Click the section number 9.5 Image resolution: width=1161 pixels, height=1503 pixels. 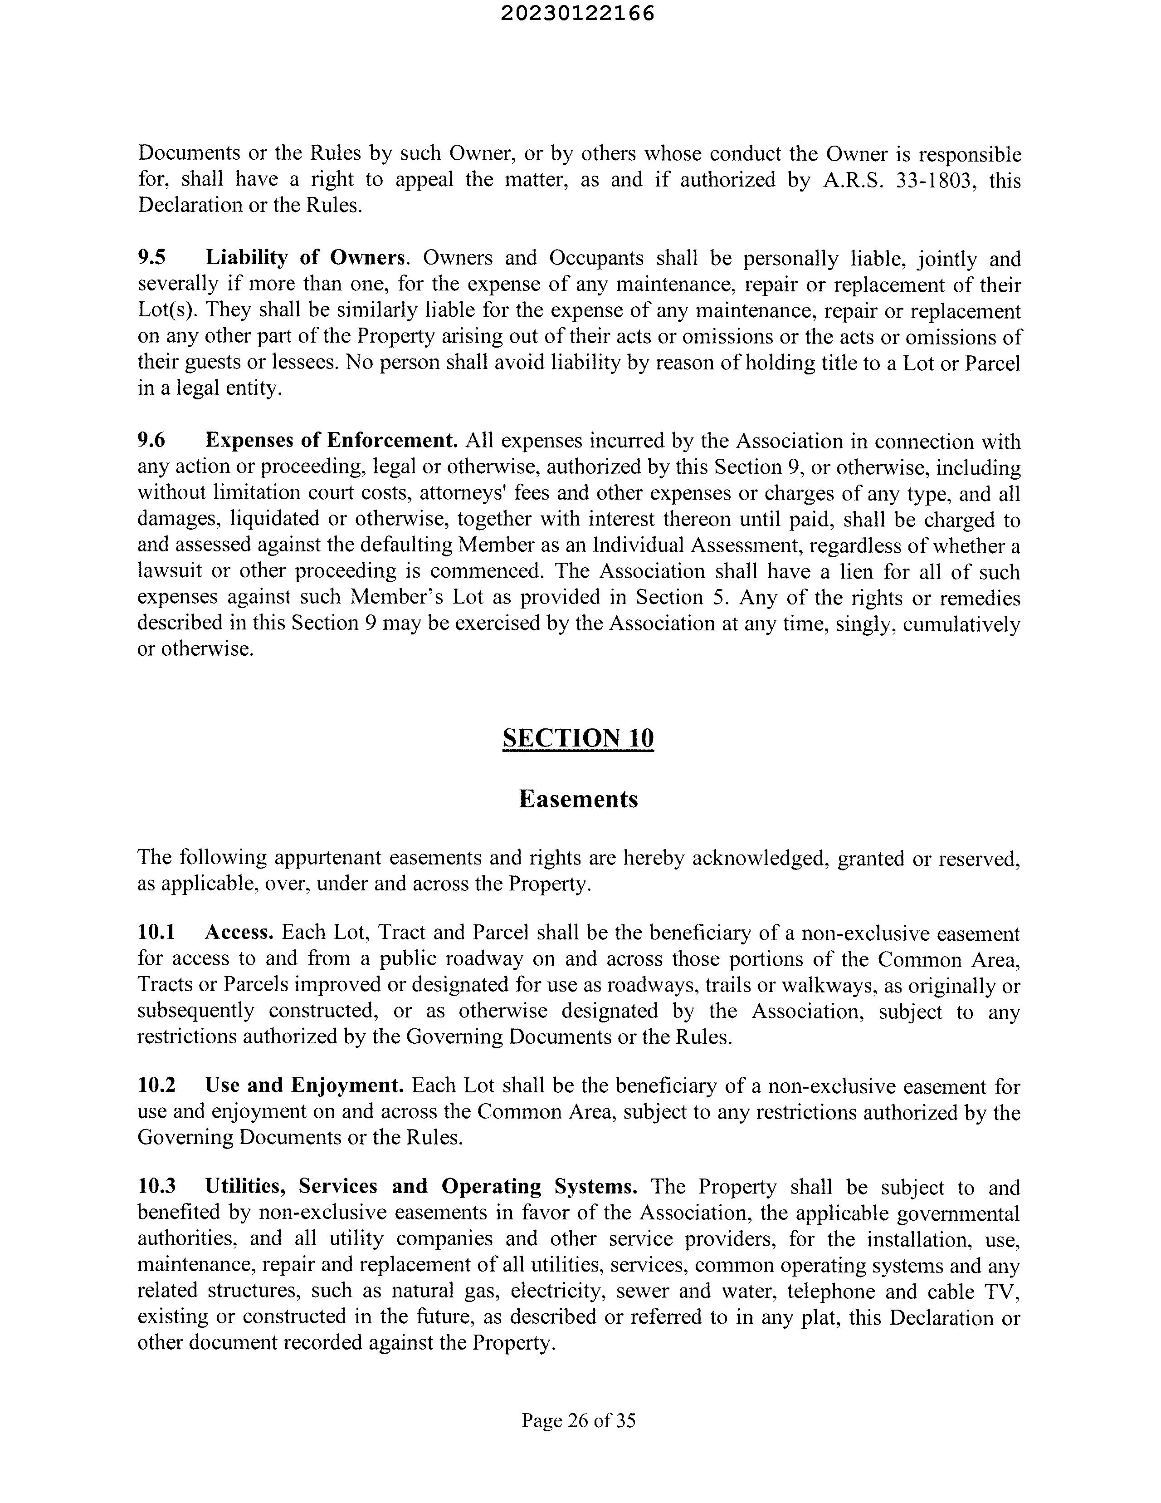(152, 258)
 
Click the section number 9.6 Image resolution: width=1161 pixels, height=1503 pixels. (152, 441)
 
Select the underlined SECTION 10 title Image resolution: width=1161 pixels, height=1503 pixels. (578, 738)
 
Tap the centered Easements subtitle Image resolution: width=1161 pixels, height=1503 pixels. (578, 799)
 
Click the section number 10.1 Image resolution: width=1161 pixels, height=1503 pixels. (156, 933)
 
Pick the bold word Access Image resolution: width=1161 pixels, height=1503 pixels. (239, 933)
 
